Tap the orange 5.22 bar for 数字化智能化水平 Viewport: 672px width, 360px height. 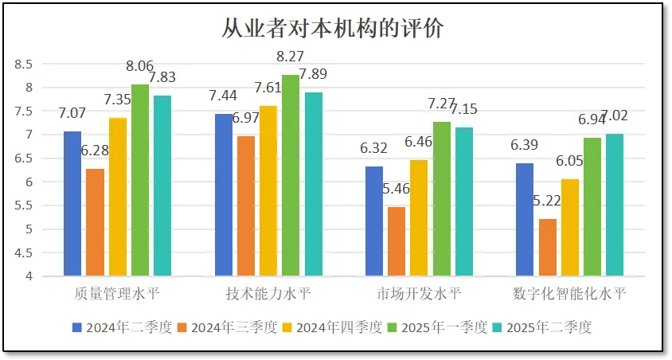tap(548, 248)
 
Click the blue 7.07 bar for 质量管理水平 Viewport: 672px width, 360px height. tap(72, 204)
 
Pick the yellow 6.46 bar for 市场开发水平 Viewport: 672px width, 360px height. tap(419, 218)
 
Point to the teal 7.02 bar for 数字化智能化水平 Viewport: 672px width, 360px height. tap(614, 205)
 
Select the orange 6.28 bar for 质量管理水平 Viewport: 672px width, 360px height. tap(96, 223)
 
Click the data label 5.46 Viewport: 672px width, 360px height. tap(397, 190)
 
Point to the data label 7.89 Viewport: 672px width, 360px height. tap(312, 75)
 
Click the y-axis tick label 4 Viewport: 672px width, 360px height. tap(29, 276)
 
